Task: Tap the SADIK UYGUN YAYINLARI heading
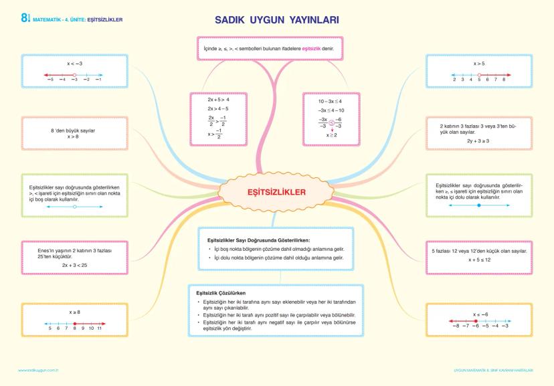pos(276,21)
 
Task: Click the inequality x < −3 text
pos(74,64)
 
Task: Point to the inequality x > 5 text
pos(479,64)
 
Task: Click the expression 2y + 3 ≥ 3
pos(479,141)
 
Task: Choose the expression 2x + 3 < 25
pos(74,265)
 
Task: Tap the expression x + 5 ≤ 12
pos(479,260)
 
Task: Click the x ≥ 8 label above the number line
pos(74,312)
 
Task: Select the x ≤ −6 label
pos(479,314)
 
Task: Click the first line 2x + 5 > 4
pos(218,99)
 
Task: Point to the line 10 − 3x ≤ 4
pos(330,101)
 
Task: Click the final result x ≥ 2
pos(331,134)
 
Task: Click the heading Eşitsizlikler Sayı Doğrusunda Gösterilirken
pos(263,239)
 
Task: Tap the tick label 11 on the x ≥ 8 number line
pos(99,328)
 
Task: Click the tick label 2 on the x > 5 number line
pos(454,80)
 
